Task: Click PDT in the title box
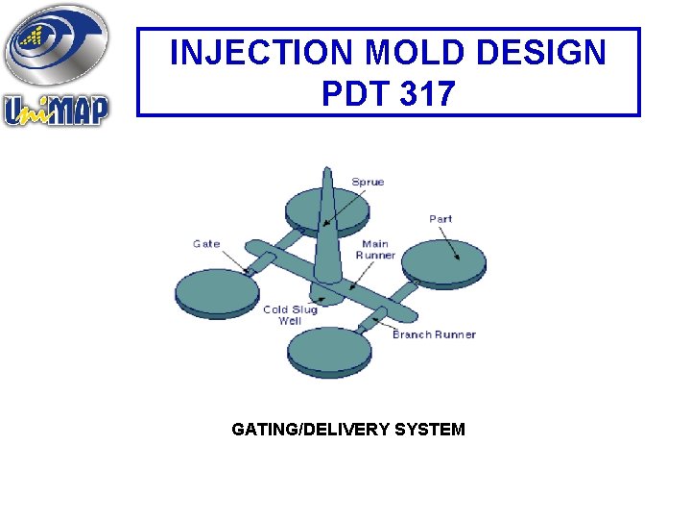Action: (355, 94)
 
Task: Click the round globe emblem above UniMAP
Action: (56, 46)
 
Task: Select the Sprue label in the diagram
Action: (368, 183)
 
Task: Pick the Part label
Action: (441, 219)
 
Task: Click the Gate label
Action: (206, 244)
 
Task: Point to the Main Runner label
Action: (374, 250)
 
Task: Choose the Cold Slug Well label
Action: (290, 315)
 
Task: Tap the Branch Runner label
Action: (435, 334)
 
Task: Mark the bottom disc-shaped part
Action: (329, 352)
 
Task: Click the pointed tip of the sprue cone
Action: (326, 172)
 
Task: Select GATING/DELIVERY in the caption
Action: (300, 430)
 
